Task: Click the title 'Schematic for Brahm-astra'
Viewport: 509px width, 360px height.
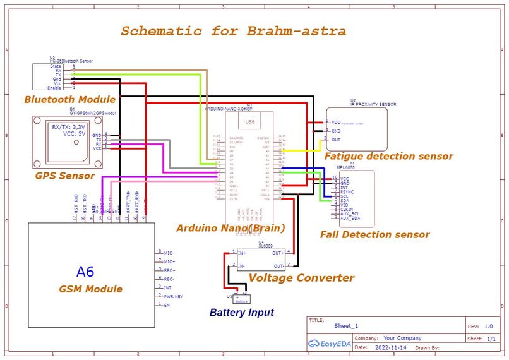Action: point(233,31)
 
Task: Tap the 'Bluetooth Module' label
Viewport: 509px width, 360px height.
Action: point(69,99)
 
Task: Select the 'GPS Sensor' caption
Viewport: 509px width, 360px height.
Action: point(64,176)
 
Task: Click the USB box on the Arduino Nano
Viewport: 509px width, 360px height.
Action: point(249,121)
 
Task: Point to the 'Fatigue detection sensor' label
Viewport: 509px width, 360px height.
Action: point(388,156)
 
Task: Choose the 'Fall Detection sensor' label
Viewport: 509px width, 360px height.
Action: point(374,234)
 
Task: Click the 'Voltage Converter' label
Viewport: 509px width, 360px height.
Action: point(301,277)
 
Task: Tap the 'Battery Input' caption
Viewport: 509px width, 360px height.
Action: point(241,312)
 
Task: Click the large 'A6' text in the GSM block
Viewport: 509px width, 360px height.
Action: point(85,272)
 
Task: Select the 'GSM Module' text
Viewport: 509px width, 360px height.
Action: point(91,289)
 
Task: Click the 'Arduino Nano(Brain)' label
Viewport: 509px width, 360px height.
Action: point(231,227)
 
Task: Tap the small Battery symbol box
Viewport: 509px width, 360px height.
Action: point(242,299)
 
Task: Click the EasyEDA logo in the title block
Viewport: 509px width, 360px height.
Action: point(330,344)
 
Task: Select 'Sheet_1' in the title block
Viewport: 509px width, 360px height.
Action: point(346,327)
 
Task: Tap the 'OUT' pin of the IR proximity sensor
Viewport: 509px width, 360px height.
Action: point(336,140)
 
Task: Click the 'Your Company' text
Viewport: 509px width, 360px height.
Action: point(402,338)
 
